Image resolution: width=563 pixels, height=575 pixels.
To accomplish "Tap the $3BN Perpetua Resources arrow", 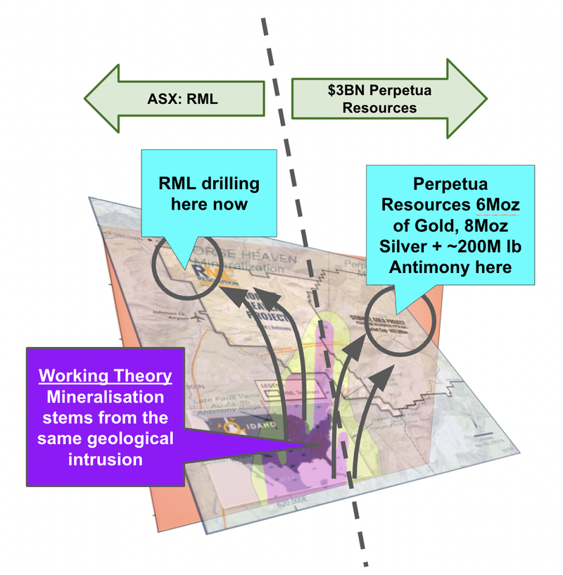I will click(372, 99).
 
